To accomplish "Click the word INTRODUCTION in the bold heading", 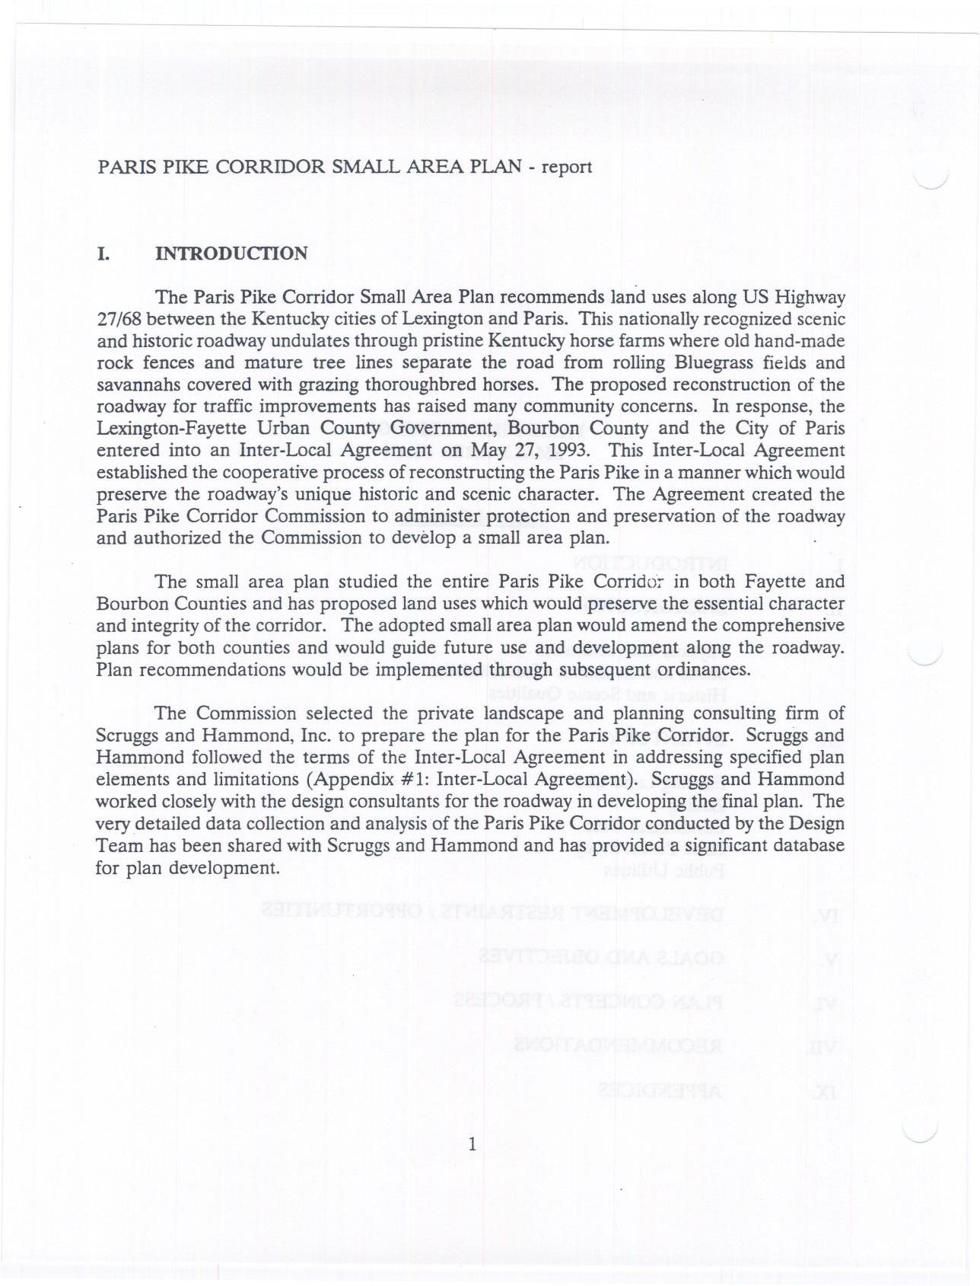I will coord(231,254).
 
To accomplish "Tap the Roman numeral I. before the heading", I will coord(103,254).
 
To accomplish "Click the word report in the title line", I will coord(566,167).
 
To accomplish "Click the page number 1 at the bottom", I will coord(473,1144).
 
